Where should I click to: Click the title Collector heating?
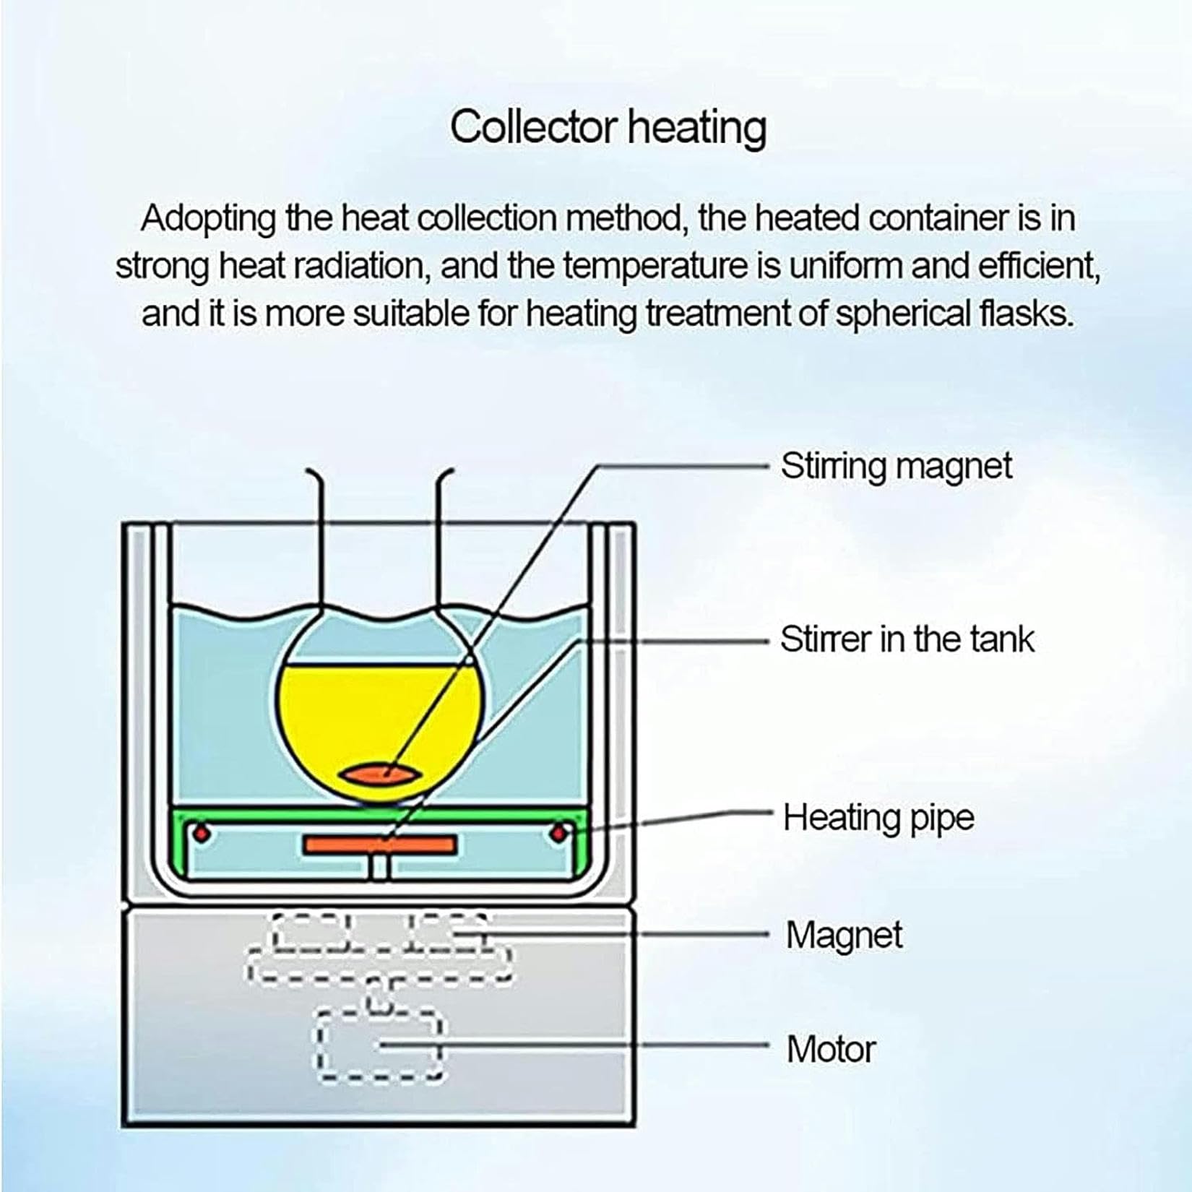[x=608, y=128]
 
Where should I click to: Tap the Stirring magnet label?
[x=896, y=467]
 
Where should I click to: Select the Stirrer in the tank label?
[x=907, y=639]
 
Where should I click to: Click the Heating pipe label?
[x=878, y=819]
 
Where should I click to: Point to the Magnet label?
[x=844, y=936]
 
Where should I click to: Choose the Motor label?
[x=831, y=1049]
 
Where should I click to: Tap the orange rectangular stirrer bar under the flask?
[x=379, y=845]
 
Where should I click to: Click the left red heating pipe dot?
[x=202, y=834]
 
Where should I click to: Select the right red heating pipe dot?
[x=558, y=834]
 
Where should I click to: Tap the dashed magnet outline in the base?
[x=379, y=947]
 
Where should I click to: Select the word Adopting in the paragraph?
[x=208, y=219]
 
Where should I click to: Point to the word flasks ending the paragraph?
[x=1026, y=314]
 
